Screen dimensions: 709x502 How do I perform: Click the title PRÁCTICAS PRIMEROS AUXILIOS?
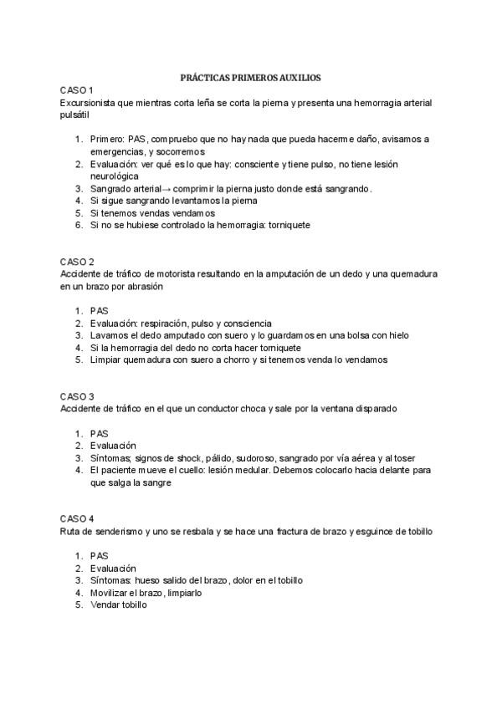(x=250, y=77)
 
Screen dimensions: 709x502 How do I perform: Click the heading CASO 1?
(x=77, y=89)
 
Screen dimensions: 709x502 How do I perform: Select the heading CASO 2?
(x=77, y=262)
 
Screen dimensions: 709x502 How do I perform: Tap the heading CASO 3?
(x=77, y=395)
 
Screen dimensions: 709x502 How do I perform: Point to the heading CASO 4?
(x=77, y=518)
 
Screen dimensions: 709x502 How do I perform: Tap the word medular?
(x=250, y=470)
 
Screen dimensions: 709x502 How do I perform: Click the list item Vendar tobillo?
(x=118, y=604)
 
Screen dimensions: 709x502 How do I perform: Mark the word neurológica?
(x=114, y=177)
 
